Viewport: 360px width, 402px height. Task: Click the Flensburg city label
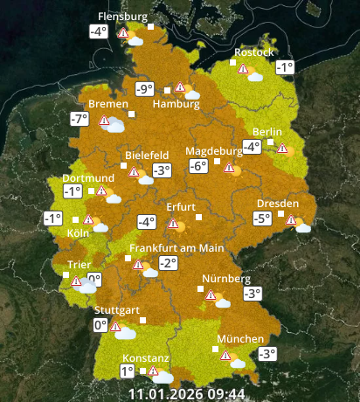(121, 17)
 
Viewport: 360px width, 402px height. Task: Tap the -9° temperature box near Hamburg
(144, 88)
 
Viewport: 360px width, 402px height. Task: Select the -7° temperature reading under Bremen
(80, 120)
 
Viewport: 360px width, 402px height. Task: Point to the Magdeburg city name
(214, 150)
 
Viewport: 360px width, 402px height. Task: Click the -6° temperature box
(197, 166)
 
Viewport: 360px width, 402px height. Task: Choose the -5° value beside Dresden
(262, 218)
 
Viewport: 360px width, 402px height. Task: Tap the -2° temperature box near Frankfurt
(167, 263)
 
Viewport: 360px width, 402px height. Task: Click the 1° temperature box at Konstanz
(128, 371)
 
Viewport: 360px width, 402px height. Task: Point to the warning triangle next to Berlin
(282, 148)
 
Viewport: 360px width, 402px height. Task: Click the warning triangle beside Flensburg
(125, 34)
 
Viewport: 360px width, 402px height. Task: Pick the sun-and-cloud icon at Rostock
(255, 75)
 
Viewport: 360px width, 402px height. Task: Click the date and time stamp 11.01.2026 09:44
(187, 393)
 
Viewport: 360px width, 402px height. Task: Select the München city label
(240, 339)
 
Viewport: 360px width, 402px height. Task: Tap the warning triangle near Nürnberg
(210, 295)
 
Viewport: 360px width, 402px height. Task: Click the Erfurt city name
(181, 206)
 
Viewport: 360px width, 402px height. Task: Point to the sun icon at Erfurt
(180, 225)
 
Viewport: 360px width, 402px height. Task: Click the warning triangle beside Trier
(76, 281)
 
